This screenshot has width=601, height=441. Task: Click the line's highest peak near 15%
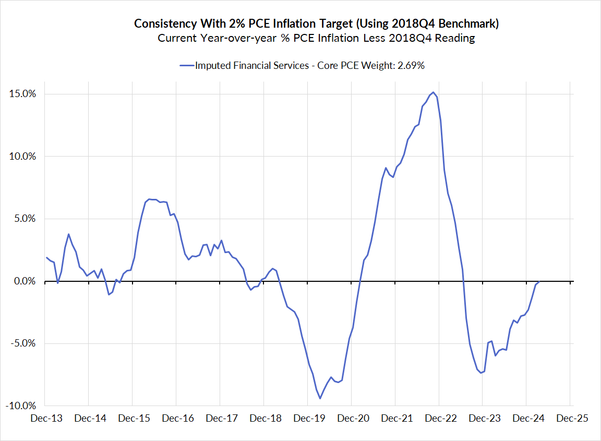(434, 92)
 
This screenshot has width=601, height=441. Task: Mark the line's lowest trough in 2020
(320, 399)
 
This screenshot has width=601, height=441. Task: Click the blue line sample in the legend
(186, 66)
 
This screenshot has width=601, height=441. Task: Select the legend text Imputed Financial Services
(252, 66)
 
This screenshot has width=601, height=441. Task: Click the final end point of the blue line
(539, 282)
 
